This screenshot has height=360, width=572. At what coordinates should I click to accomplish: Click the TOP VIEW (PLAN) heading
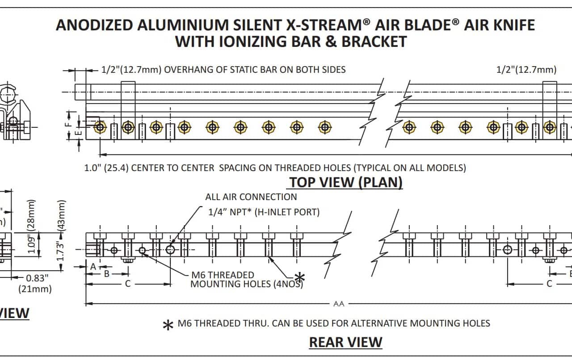tap(345, 182)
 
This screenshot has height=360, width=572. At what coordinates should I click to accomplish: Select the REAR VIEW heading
tap(345, 342)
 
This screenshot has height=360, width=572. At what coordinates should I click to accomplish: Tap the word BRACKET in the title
tap(374, 42)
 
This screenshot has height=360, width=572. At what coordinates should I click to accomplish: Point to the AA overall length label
tap(339, 304)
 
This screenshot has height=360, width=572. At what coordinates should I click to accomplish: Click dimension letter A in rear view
tap(93, 266)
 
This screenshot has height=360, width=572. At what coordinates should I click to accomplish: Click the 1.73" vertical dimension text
tap(61, 250)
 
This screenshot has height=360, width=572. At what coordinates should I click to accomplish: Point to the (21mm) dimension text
tap(35, 289)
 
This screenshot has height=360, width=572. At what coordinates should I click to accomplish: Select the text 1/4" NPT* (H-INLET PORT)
tap(264, 212)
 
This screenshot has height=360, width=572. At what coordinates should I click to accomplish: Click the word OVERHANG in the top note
tap(187, 70)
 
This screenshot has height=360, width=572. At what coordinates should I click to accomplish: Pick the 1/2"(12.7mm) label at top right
tap(526, 70)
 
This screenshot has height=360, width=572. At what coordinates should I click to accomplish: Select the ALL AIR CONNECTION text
tap(251, 197)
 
